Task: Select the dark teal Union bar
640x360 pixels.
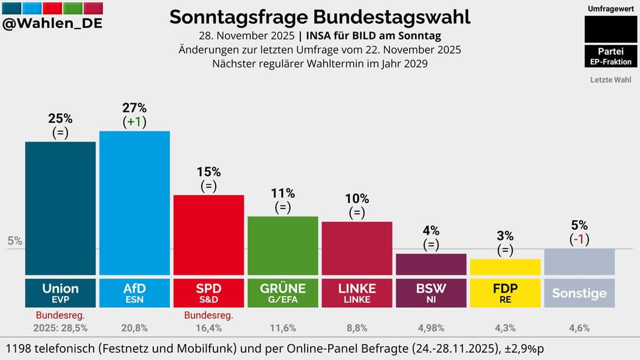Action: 60,208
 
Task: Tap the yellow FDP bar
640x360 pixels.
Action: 505,267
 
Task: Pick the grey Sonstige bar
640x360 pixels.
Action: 579,261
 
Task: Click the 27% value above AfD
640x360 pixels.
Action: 134,108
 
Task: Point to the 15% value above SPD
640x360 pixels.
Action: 208,172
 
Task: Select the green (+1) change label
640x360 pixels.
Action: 134,122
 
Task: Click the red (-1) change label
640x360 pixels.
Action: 579,239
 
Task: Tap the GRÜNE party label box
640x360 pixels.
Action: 283,292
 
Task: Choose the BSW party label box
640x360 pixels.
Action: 431,292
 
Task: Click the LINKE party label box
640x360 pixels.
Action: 357,292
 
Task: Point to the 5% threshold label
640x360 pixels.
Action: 15,241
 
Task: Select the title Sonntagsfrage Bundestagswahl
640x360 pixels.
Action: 320,17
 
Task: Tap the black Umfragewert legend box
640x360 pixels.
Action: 610,29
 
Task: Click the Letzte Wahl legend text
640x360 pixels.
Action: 610,80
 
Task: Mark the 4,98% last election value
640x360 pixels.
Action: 431,328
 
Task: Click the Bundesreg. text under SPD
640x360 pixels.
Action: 208,316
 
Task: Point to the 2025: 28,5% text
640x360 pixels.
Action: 60,328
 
